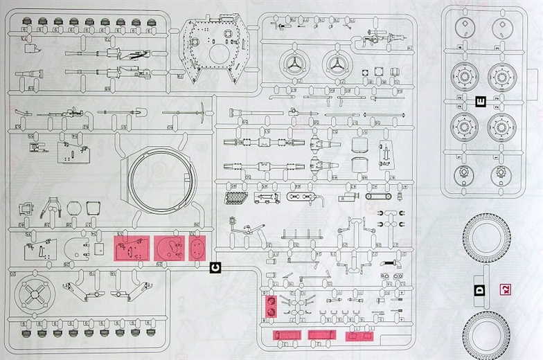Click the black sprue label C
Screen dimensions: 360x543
[215, 267]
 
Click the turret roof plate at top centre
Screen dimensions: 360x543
[214, 48]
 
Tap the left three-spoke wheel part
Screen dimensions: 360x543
[296, 66]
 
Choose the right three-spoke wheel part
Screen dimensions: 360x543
[338, 66]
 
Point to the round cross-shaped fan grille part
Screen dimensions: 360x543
[34, 296]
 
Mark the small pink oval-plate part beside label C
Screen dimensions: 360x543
[197, 247]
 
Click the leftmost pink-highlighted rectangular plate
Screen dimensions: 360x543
[131, 247]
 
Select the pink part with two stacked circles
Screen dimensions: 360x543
[271, 306]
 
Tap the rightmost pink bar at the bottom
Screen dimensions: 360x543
[359, 336]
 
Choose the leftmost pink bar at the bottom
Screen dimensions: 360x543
[286, 336]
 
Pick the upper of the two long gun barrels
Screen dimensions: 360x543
[104, 53]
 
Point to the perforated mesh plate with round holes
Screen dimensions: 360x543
[236, 196]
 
